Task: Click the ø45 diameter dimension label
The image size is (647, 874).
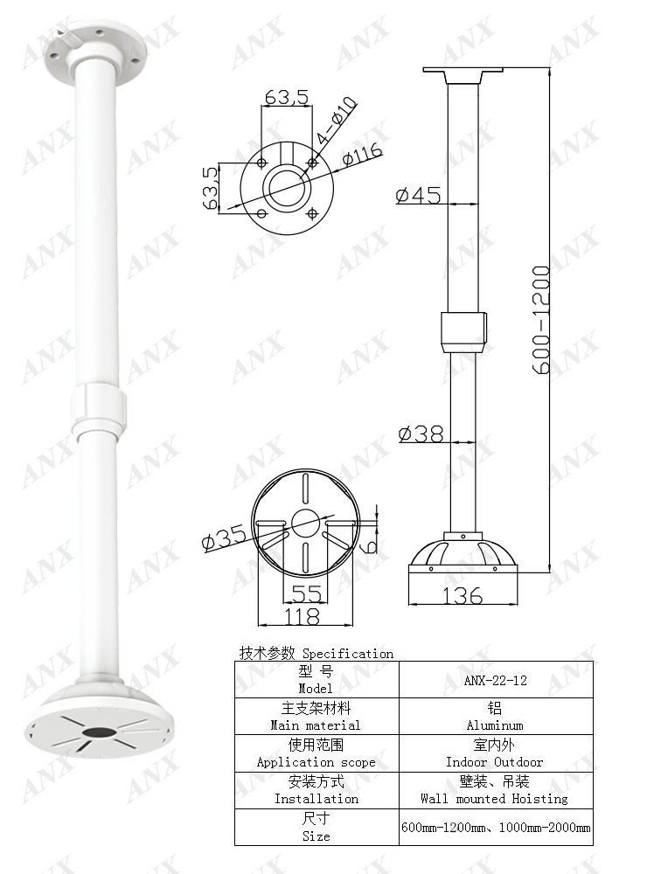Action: coord(417,195)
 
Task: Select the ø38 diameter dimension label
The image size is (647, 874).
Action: coord(421,433)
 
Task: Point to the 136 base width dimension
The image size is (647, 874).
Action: coord(463,596)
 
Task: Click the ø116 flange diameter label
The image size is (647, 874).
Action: coord(362,156)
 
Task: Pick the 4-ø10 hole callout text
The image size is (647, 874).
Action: coord(337,121)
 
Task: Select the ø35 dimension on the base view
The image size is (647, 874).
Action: coord(223,538)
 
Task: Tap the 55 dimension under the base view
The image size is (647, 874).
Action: coord(306,594)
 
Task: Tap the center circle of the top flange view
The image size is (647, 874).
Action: coord(286,186)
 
